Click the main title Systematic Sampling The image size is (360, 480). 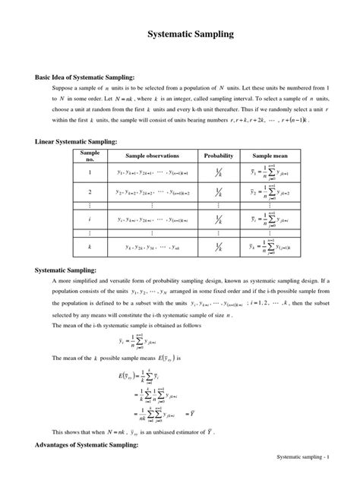click(x=179, y=35)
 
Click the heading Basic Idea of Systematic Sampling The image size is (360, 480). click(x=84, y=77)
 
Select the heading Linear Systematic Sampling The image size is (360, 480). click(x=76, y=142)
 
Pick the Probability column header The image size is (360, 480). click(x=218, y=155)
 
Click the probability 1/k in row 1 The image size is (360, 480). click(x=218, y=172)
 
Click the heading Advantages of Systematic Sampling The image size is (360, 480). click(x=87, y=445)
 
